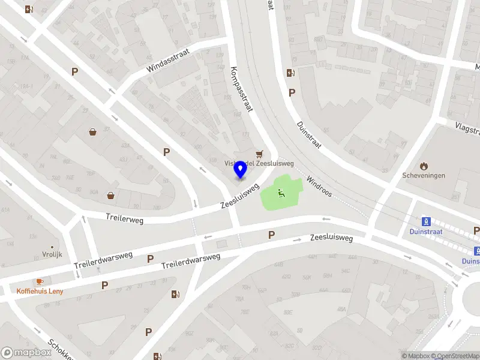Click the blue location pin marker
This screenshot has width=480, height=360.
pos(241,169)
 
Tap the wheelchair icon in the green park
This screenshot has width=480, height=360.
pos(280,193)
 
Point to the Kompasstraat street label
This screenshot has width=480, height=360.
pos(241,89)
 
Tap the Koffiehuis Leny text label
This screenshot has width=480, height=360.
pos(40,291)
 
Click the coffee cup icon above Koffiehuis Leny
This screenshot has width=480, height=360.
pos(40,281)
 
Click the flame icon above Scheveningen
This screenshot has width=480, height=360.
pos(424,166)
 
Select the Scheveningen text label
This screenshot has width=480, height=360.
pos(424,176)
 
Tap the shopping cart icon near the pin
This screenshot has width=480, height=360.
pos(259,154)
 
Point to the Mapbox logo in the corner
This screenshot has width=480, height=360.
pos(27,353)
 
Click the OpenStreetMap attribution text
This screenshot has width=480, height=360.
pos(455,356)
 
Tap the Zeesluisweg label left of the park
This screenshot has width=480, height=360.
pos(239,196)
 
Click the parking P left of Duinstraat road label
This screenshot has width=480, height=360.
pos(292,92)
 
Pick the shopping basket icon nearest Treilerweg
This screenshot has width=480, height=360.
pos(111,195)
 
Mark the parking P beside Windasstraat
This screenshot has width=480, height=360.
pos(75,71)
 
